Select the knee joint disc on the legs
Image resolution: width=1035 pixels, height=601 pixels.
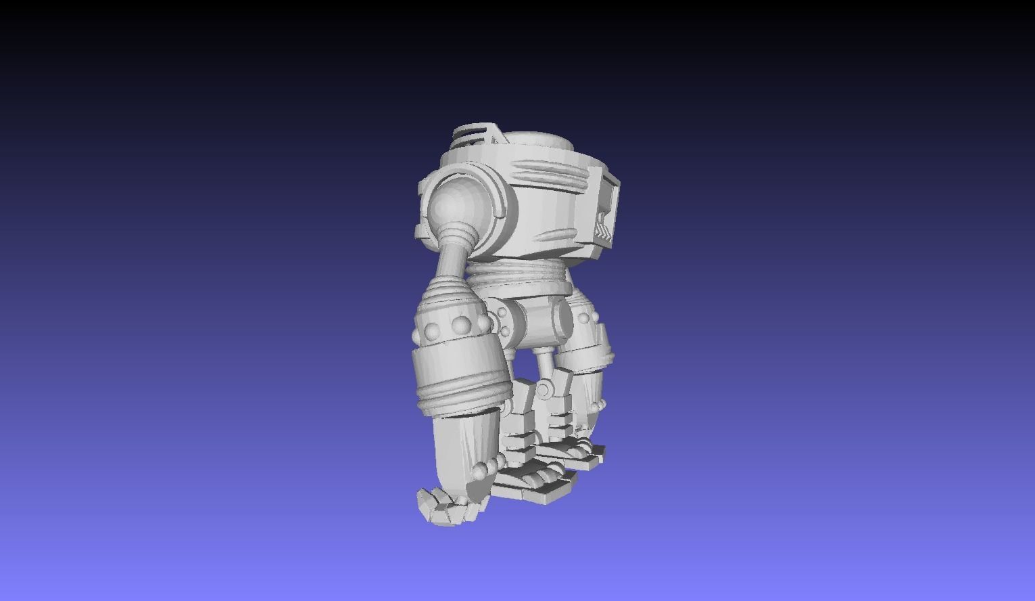(x=544, y=388)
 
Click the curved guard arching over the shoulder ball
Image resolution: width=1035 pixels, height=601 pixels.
(x=473, y=179)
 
